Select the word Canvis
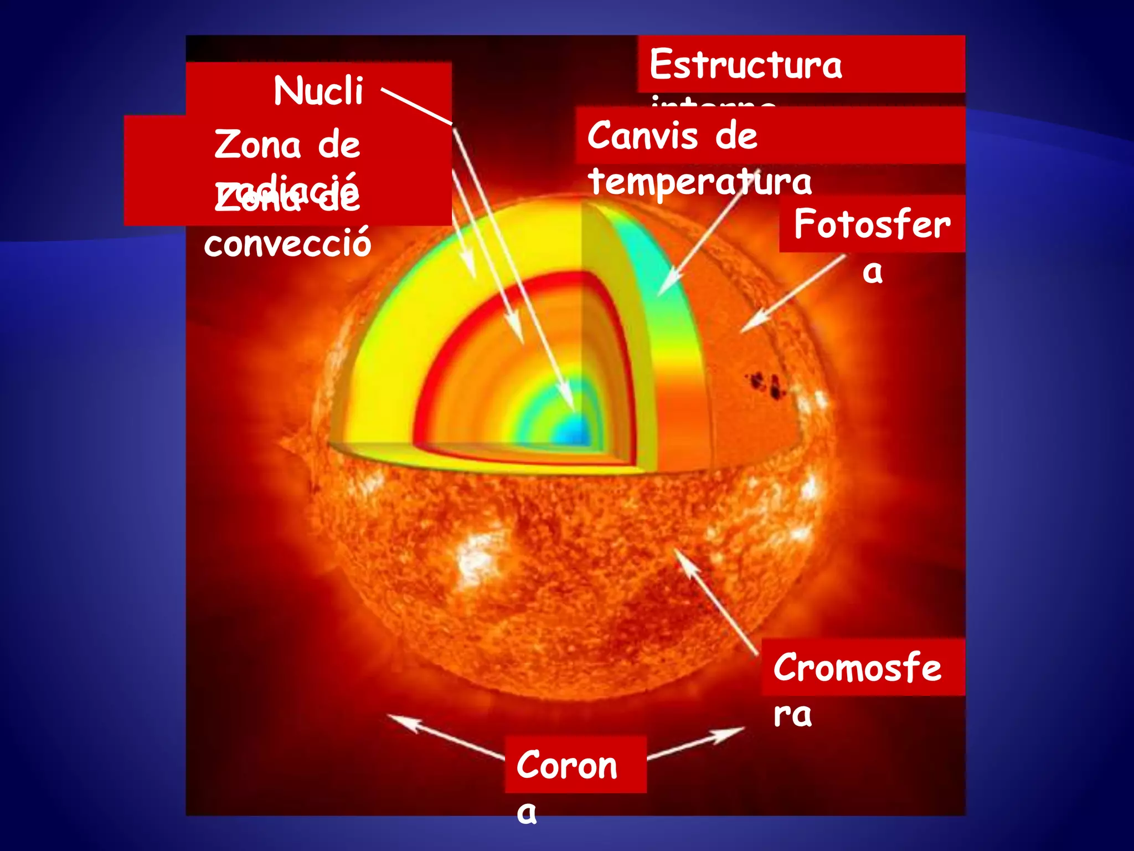coord(642,136)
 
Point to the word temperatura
coord(700,181)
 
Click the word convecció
coord(287,243)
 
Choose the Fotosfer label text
coord(872,224)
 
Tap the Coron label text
coord(566,765)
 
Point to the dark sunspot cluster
coord(767,385)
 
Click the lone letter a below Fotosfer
coord(872,271)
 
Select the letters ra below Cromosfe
coord(792,715)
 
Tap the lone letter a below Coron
coord(527,813)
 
